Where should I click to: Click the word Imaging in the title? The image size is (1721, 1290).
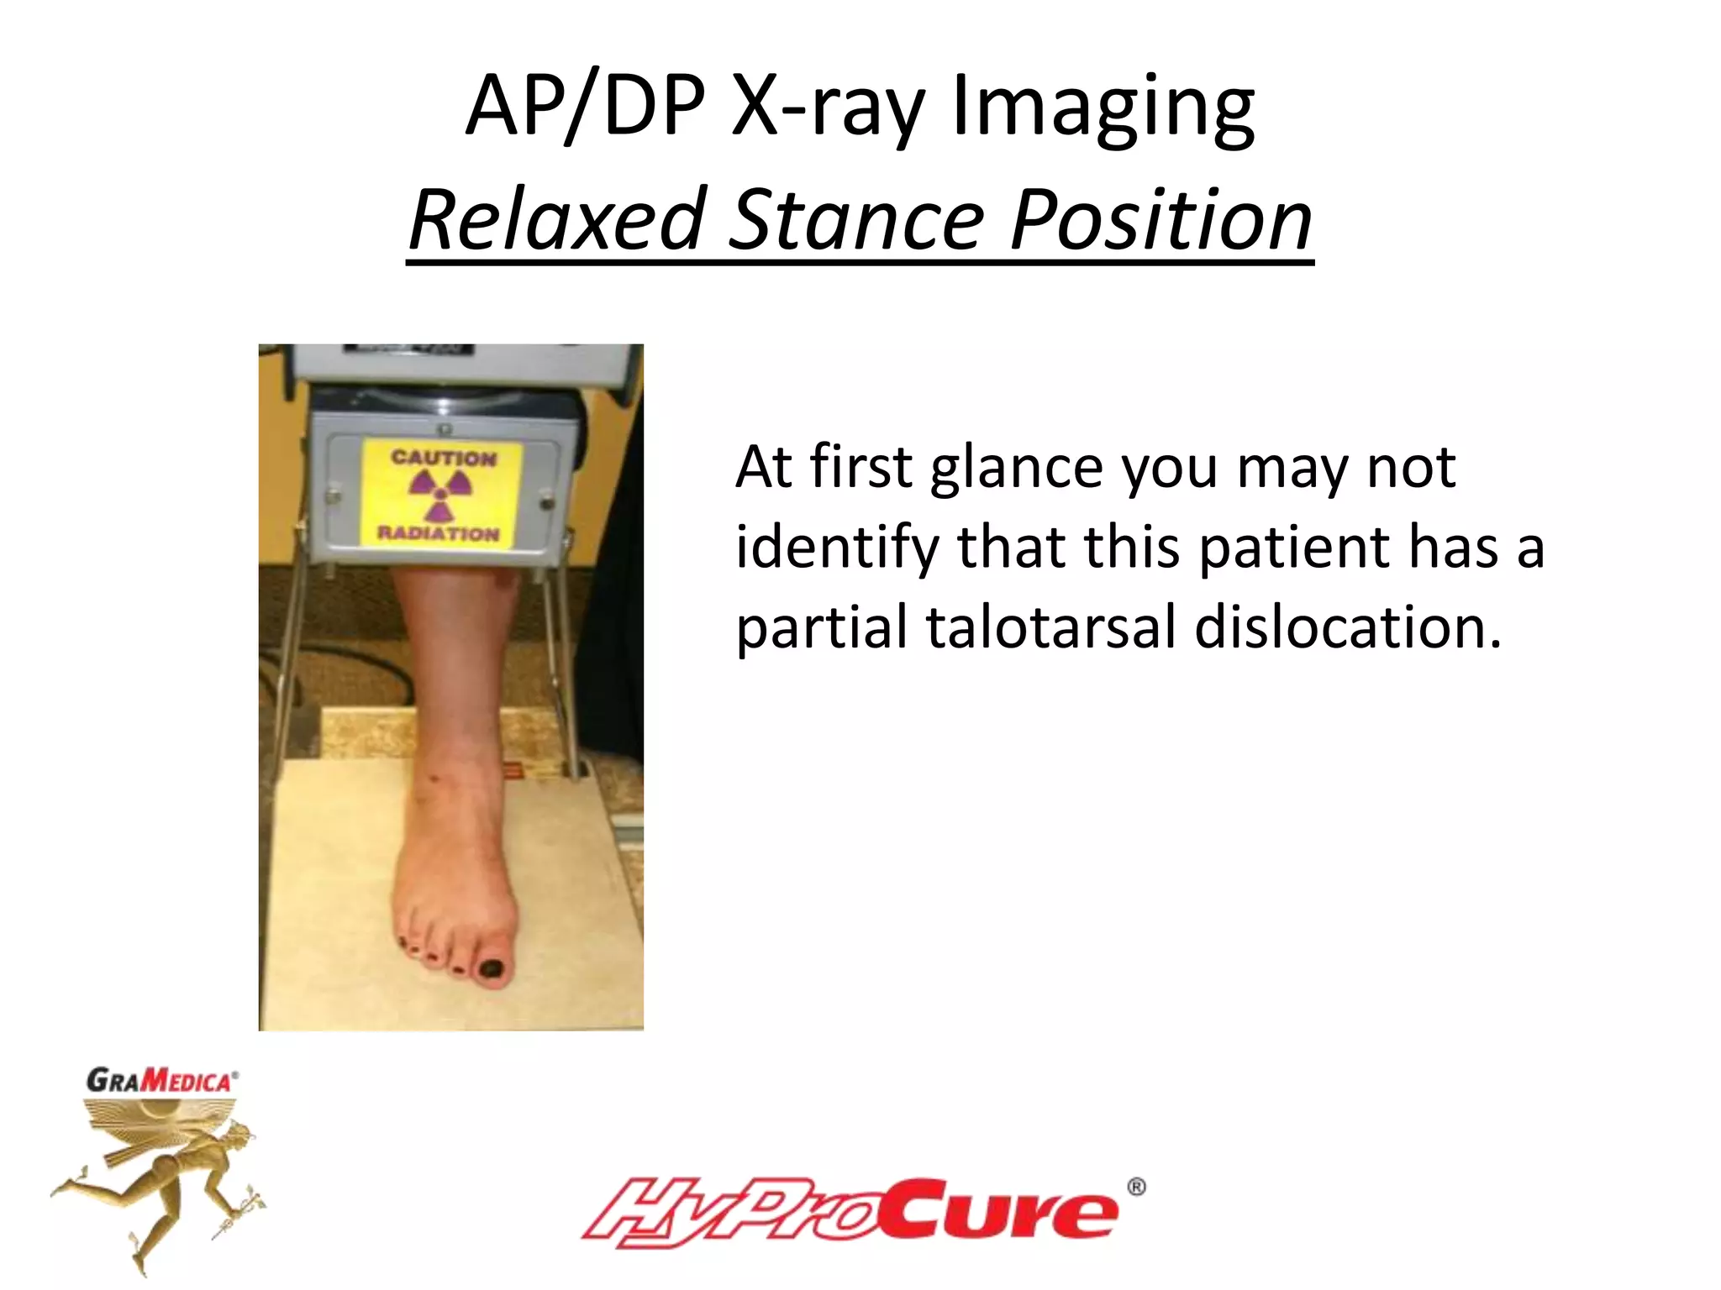coord(1103,107)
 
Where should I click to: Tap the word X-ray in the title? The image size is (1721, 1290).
coord(827,107)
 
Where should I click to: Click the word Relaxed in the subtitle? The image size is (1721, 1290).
coord(555,220)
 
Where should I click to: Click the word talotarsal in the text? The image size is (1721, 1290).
coord(1050,628)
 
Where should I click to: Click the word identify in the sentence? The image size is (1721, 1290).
coord(836,548)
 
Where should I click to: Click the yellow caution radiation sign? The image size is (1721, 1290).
coord(442,496)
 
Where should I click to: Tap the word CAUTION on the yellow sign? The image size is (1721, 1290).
coord(444,458)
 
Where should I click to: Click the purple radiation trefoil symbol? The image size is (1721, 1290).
coord(440,494)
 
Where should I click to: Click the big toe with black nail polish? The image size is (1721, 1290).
coord(492,966)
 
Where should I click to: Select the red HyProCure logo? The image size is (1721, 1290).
coord(849,1212)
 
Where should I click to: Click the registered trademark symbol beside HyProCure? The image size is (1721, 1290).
coord(1136,1187)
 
